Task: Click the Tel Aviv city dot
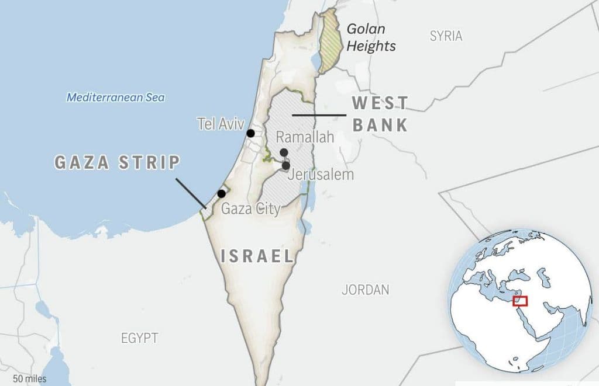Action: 251,133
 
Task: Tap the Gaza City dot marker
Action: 222,194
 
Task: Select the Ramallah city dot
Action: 284,153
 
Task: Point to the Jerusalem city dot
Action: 286,166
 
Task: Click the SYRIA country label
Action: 446,36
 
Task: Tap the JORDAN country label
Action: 366,290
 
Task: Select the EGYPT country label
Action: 140,338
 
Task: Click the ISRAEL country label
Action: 257,256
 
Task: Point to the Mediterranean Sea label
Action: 115,98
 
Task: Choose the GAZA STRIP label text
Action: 117,162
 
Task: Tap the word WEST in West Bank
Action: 380,104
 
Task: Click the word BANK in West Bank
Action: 380,124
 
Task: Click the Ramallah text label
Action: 305,138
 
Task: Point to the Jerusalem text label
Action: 322,175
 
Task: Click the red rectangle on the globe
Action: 520,301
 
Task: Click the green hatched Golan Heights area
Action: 329,41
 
